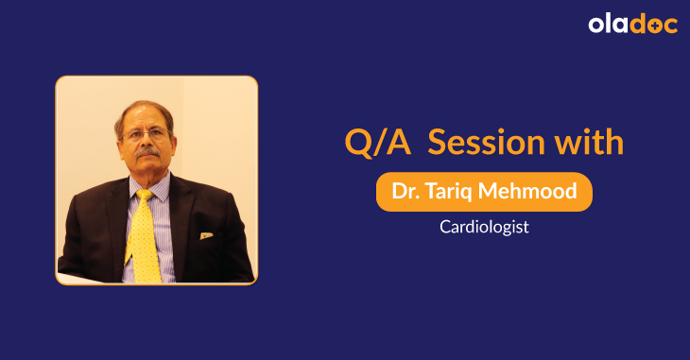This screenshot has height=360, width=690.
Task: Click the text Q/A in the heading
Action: coord(378,143)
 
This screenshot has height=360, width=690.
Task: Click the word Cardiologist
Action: coord(484,228)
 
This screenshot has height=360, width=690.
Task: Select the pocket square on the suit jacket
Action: coord(206,234)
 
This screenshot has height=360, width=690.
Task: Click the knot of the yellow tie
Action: coord(145,197)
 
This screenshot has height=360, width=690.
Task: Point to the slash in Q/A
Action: coord(383,143)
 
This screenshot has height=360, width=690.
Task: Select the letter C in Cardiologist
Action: coord(444,228)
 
